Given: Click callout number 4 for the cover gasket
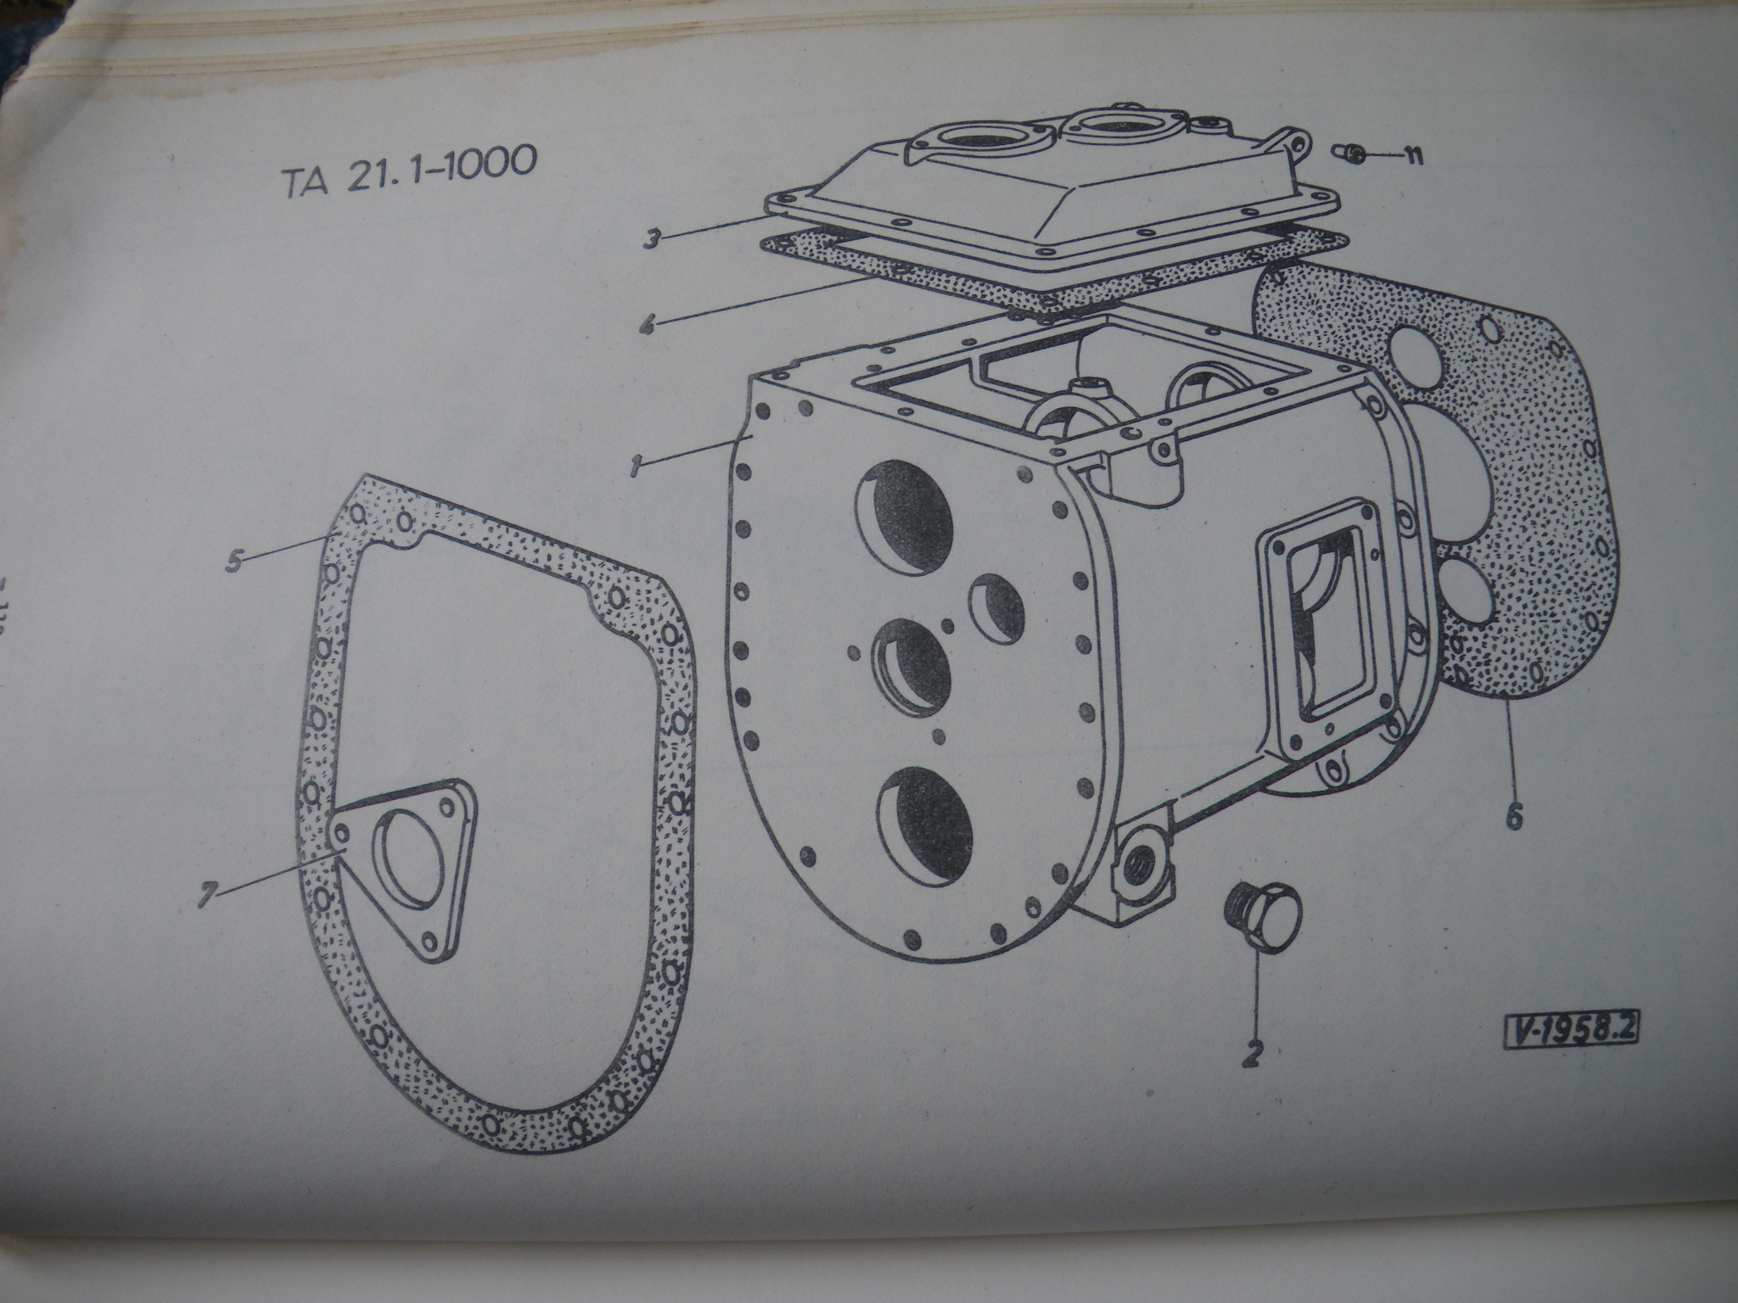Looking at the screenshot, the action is coord(648,324).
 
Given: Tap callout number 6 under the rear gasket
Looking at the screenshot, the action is coord(1515,817).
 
